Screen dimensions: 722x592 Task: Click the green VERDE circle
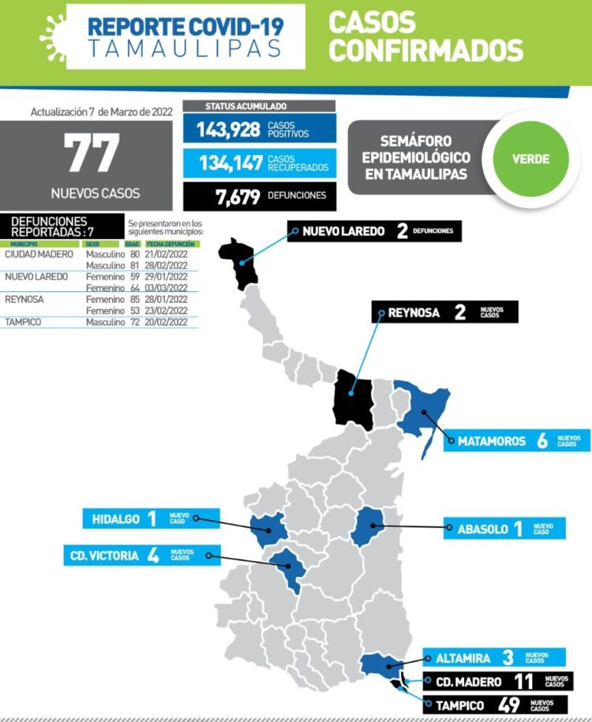tap(530, 159)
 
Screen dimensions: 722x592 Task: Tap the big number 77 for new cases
tap(92, 153)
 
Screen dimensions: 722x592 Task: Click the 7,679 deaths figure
tap(238, 196)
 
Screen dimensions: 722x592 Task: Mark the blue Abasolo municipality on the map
tap(367, 527)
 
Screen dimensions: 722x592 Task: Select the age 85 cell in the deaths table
tap(134, 299)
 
